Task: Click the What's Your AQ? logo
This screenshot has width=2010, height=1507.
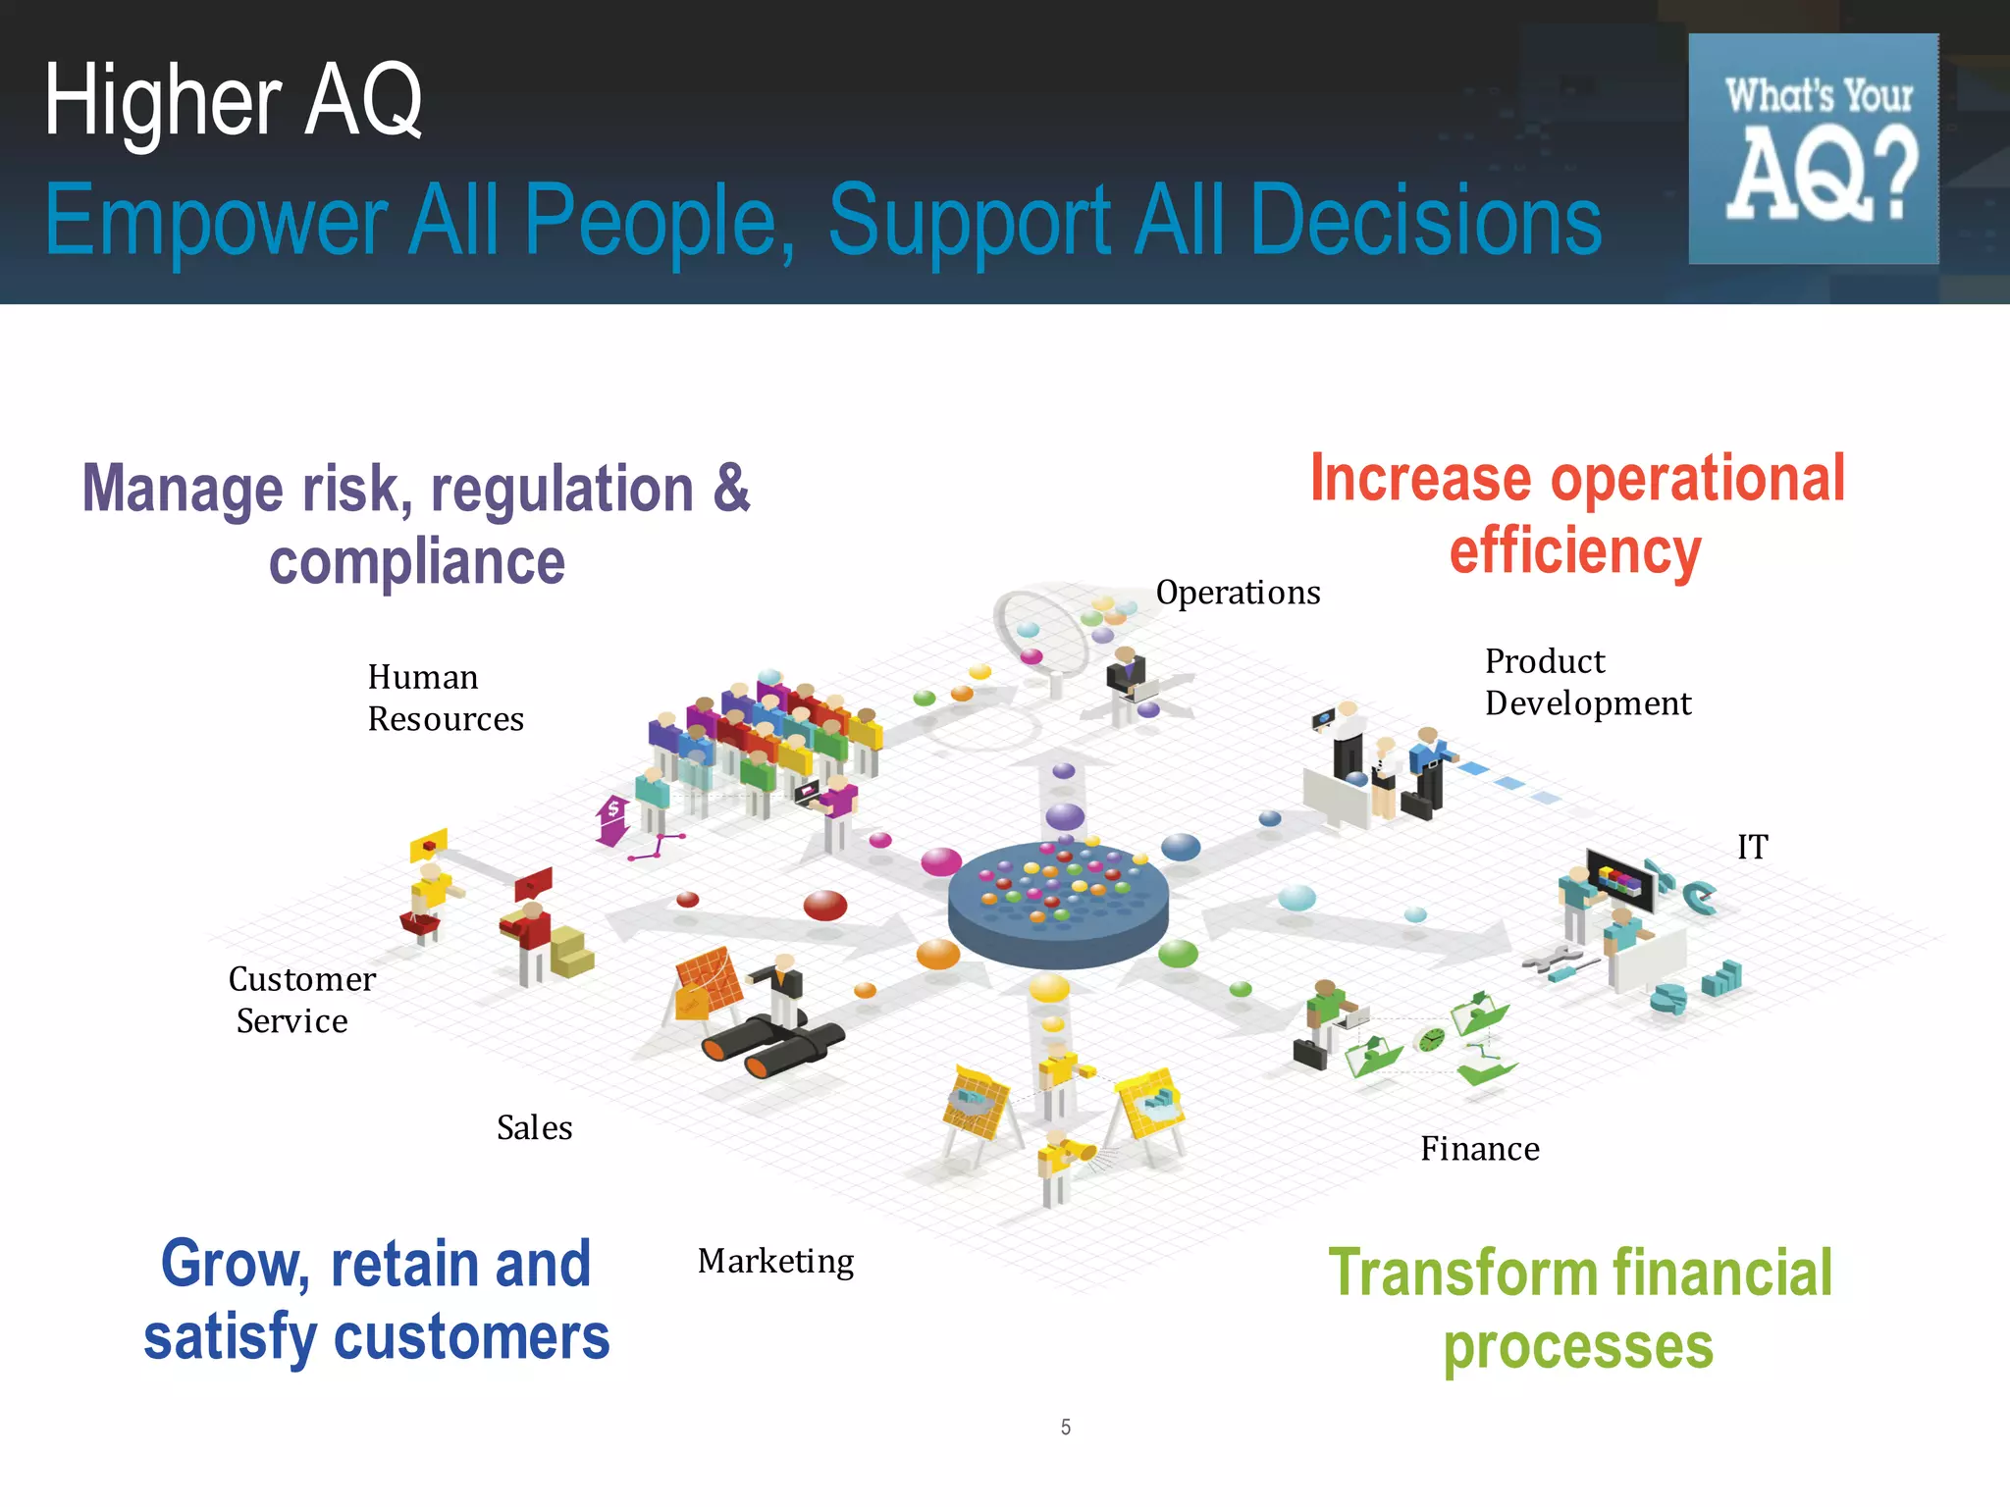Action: click(1813, 149)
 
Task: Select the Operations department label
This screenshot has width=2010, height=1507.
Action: click(1238, 593)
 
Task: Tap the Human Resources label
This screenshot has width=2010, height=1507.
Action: click(446, 698)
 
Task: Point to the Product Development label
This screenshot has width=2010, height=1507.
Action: click(1587, 682)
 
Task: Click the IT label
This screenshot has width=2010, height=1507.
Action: click(1752, 847)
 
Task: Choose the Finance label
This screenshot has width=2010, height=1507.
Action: click(1479, 1149)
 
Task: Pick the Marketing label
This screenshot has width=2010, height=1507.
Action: click(775, 1261)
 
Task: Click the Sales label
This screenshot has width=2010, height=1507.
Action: click(534, 1128)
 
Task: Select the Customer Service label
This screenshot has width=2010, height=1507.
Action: click(301, 1000)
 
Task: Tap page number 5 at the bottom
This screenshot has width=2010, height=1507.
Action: click(1065, 1428)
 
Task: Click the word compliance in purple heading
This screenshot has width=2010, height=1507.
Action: click(417, 563)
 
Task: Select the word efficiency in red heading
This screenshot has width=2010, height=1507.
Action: click(1574, 551)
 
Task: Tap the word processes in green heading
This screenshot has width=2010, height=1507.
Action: click(1577, 1347)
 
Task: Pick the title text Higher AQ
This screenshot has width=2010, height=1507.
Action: click(233, 100)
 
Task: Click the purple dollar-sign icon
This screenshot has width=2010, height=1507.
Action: click(612, 819)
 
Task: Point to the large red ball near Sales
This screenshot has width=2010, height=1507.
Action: click(824, 905)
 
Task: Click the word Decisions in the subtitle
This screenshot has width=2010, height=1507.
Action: click(1425, 220)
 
